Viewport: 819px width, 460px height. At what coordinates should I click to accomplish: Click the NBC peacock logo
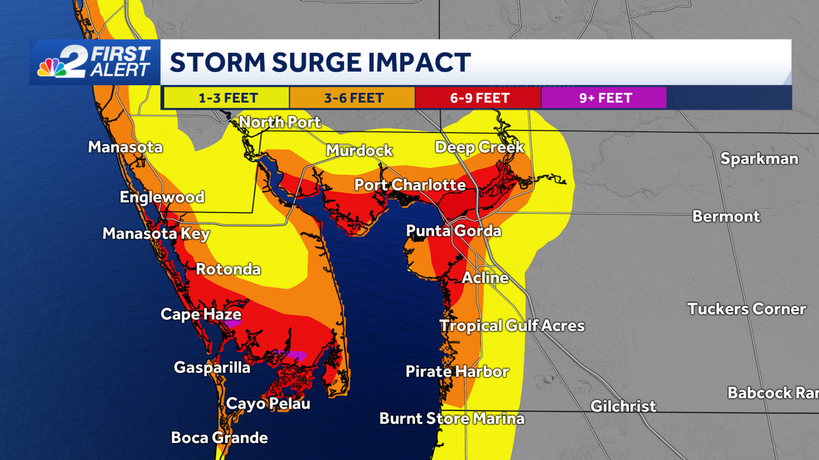tap(52, 66)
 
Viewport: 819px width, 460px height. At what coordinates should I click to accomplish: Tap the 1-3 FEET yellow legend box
tap(225, 97)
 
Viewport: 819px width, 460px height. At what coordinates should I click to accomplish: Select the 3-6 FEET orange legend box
tap(352, 97)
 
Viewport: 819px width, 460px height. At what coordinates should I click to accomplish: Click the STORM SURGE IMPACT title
tap(320, 62)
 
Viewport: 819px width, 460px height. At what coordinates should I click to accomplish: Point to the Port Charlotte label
tap(409, 185)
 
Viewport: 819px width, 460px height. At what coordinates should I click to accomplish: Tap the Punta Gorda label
tap(453, 232)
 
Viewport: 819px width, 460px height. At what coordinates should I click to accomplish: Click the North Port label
tap(280, 123)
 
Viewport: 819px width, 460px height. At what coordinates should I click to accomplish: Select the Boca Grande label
tap(219, 438)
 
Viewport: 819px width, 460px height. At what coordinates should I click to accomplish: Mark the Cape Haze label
tap(201, 314)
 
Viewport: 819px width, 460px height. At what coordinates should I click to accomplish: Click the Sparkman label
tap(759, 159)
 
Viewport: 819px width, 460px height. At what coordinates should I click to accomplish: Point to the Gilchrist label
tap(623, 407)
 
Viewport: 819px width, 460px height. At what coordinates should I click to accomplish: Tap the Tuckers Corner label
tap(747, 309)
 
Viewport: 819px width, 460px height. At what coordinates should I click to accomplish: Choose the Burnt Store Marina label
tap(452, 418)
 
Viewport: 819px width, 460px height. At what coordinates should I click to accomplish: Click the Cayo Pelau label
tap(268, 403)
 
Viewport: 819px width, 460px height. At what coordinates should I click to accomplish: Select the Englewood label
tap(162, 198)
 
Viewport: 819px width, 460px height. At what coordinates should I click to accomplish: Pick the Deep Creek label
tap(479, 147)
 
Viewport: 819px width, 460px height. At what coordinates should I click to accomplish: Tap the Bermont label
tap(725, 217)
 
